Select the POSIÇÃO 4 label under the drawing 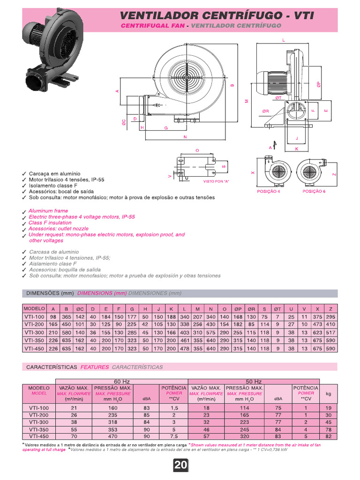pyautogui.click(x=269, y=192)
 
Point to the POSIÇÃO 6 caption pyautogui.click(x=314, y=192)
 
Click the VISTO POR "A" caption pyautogui.click(x=216, y=181)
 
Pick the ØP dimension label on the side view pyautogui.click(x=318, y=85)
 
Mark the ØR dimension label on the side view pyautogui.click(x=266, y=112)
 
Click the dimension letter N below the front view pyautogui.click(x=186, y=137)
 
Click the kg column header pyautogui.click(x=329, y=394)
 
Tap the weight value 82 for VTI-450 pyautogui.click(x=329, y=436)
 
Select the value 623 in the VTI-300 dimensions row pyautogui.click(x=317, y=332)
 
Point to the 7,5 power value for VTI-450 pyautogui.click(x=174, y=436)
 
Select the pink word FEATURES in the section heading pyautogui.click(x=95, y=367)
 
